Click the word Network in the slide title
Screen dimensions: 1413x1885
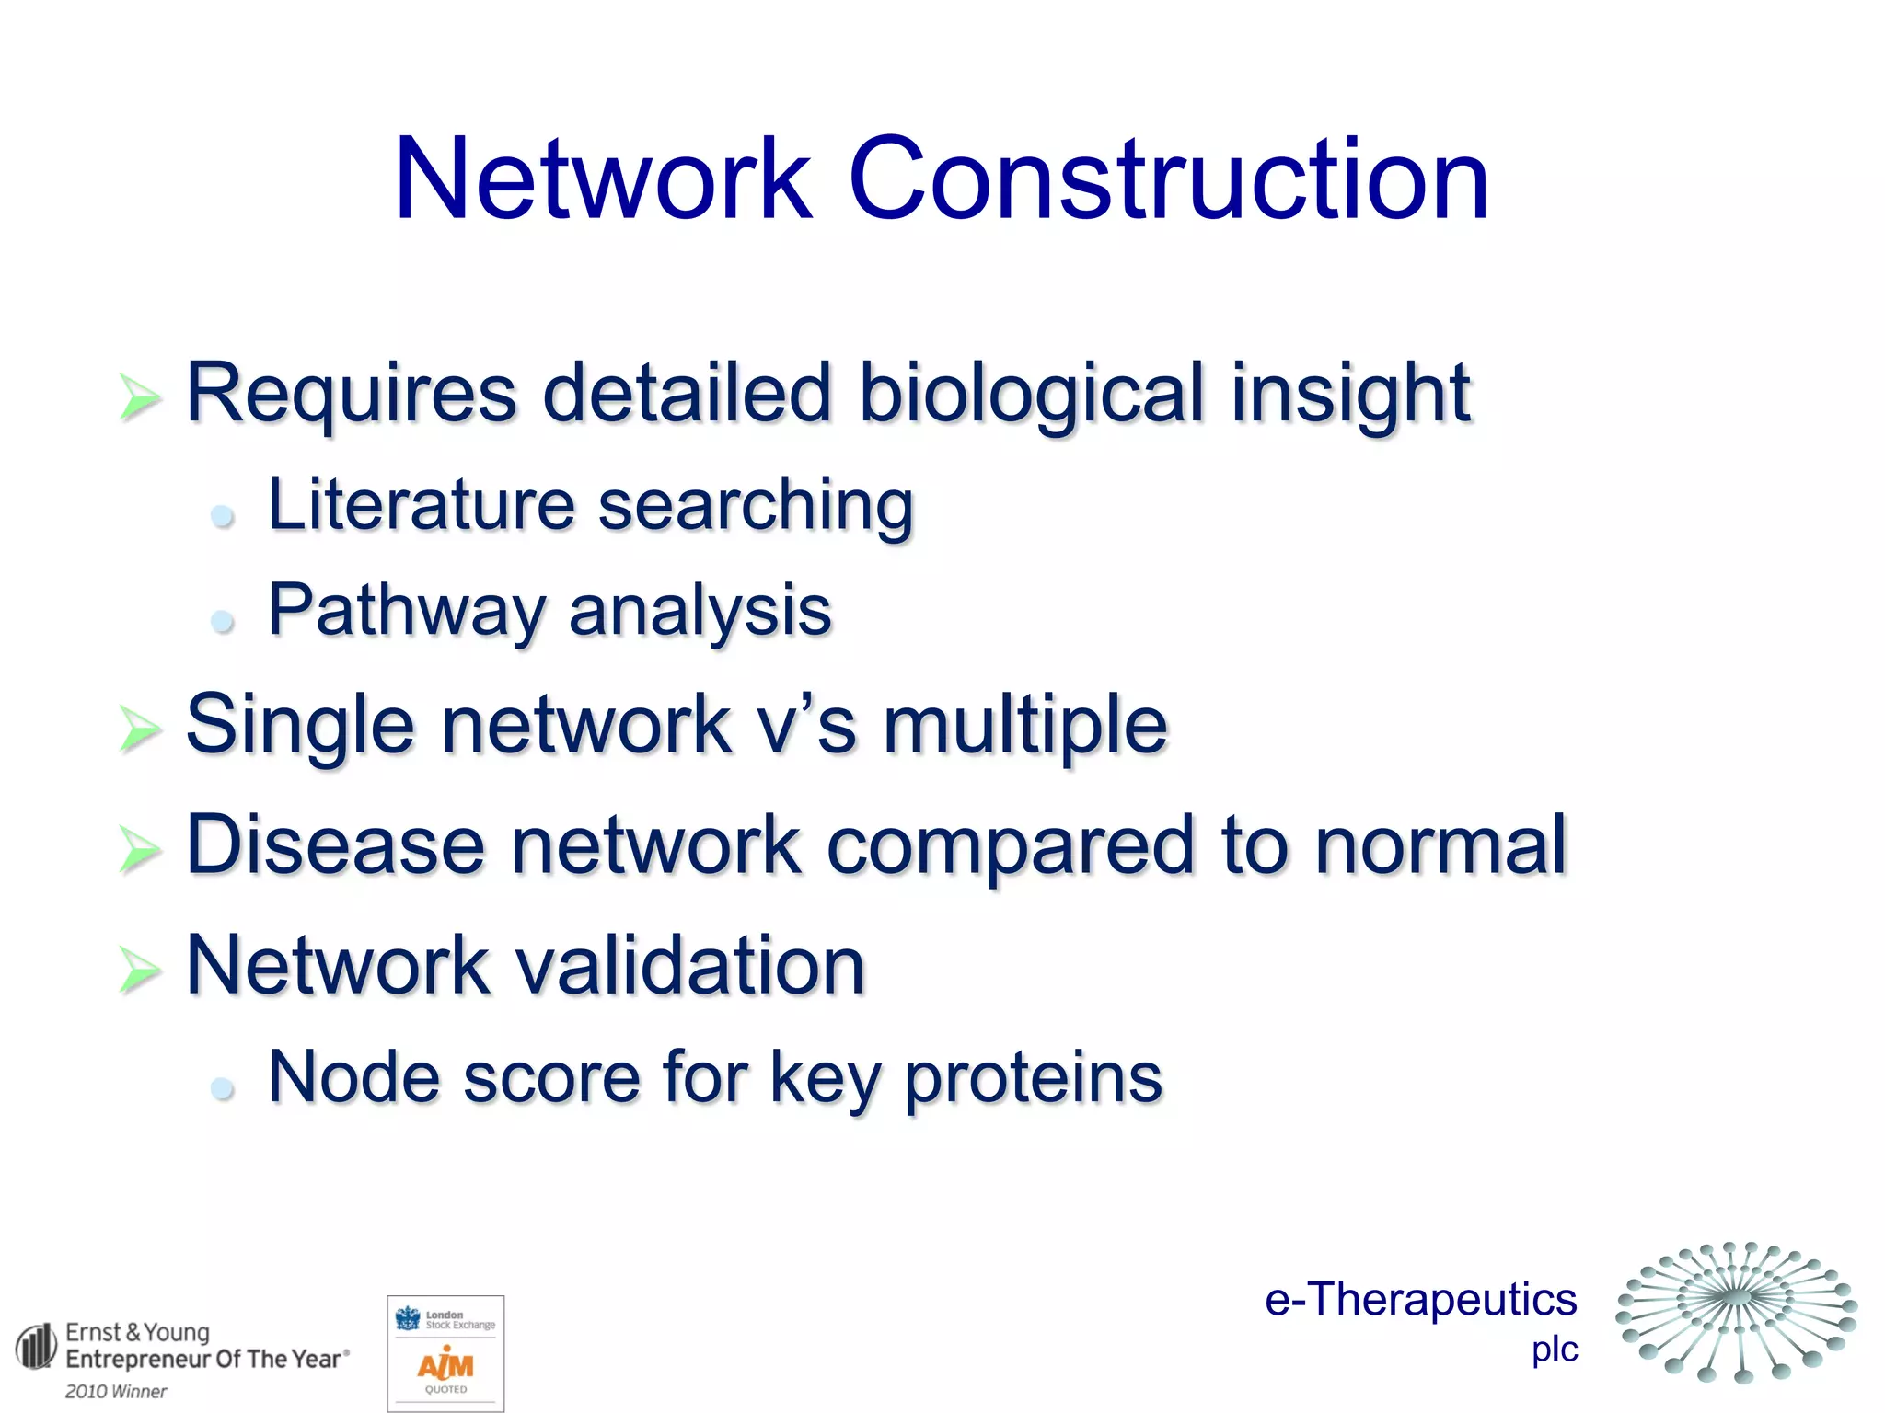pos(603,179)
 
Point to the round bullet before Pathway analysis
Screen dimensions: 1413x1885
pos(222,622)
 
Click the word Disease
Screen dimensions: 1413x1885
pos(335,844)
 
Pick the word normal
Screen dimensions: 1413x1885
pos(1440,844)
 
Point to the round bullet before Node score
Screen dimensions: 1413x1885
pos(222,1089)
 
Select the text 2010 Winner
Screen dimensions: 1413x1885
pos(116,1391)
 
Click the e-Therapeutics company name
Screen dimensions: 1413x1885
pos(1420,1300)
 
